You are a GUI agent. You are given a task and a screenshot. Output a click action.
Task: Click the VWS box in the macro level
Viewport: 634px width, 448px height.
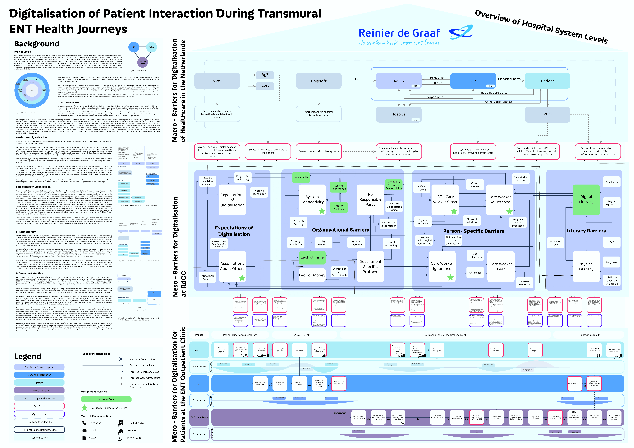(217, 81)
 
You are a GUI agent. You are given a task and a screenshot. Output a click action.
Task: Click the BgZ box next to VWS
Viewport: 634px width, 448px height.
(265, 75)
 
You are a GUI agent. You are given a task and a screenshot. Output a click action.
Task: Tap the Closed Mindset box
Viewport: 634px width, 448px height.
(475, 185)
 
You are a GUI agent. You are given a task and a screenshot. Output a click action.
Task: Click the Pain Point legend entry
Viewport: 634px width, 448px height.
(39, 406)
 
